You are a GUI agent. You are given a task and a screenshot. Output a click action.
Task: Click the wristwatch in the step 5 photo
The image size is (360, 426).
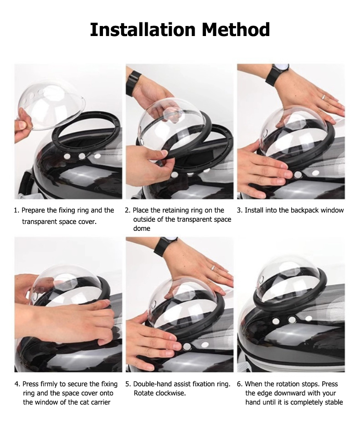coord(165,246)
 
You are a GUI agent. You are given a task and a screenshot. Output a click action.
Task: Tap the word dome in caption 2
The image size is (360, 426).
coord(141,228)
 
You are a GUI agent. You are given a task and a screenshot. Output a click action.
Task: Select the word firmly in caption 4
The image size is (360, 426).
coord(49,384)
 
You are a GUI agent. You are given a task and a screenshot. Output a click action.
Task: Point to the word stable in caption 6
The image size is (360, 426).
coord(334,402)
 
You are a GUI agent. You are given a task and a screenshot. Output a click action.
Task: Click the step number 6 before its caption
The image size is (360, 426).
coord(239,384)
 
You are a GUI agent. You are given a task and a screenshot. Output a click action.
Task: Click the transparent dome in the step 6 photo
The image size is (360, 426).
coord(288,282)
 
